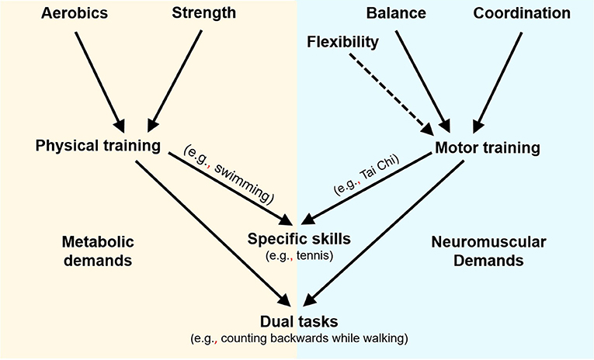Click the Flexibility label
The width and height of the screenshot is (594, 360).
[342, 41]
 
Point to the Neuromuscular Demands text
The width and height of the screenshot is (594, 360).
[487, 251]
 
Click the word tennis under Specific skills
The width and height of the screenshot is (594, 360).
[310, 254]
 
